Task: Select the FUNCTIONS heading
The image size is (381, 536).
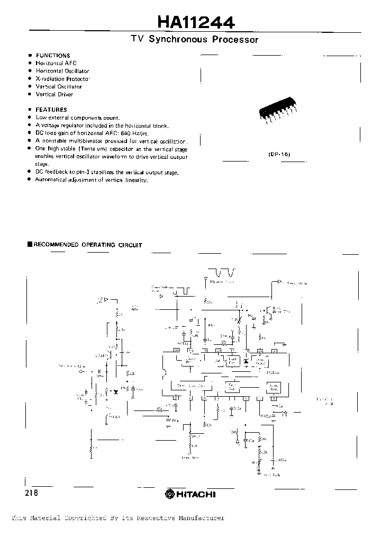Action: pyautogui.click(x=53, y=56)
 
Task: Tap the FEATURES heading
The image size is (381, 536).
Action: pyautogui.click(x=51, y=110)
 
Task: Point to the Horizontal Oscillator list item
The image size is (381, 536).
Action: pyautogui.click(x=62, y=71)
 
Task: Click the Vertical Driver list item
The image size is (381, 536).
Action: pyautogui.click(x=55, y=94)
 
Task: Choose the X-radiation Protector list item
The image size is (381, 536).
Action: pyautogui.click(x=64, y=79)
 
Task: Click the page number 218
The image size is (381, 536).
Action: pyautogui.click(x=31, y=493)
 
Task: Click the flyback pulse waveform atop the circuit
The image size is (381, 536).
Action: pyautogui.click(x=223, y=273)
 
